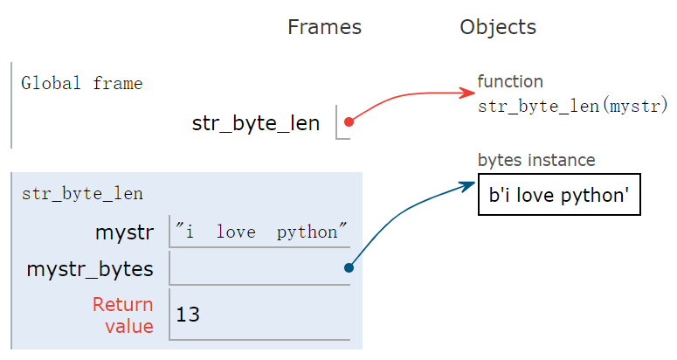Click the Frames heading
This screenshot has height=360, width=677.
pos(324,27)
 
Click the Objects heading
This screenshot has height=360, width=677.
pos(498,27)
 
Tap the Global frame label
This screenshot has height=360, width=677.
pos(81,83)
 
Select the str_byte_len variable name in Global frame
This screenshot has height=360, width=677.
pos(256,123)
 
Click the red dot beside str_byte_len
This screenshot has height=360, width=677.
pos(349,122)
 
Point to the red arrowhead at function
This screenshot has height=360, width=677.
pos(468,93)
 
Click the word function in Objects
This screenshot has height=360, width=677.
pos(510,81)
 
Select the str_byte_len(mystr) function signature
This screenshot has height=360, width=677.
pos(572,106)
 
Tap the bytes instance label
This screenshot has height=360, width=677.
pos(536,160)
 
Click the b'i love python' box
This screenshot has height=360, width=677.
pos(559,194)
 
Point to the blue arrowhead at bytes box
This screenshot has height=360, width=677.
pos(468,185)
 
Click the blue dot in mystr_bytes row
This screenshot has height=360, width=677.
pos(349,267)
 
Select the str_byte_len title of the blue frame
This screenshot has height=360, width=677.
pos(82,194)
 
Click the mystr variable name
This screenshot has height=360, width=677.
pos(124,232)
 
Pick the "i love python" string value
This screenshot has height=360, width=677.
pos(261,232)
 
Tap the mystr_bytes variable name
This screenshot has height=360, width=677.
pos(90,269)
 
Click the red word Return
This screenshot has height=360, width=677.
pos(122,304)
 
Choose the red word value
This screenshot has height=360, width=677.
pos(129,326)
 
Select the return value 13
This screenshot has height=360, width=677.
pos(188,315)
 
